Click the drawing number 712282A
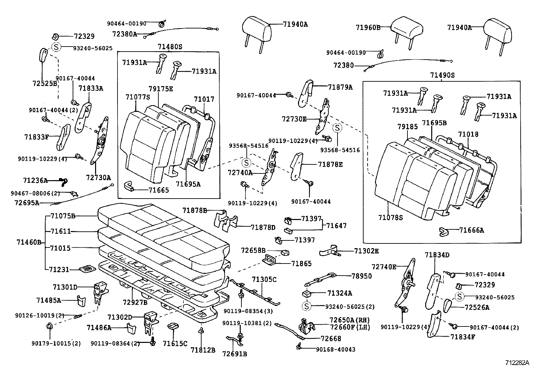(x=517, y=363)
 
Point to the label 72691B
(x=234, y=353)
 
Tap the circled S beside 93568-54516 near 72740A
(x=246, y=163)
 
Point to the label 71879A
(x=340, y=87)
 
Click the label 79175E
(x=161, y=89)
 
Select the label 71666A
(x=471, y=230)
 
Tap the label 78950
(x=362, y=276)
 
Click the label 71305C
(x=264, y=279)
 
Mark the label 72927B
(x=135, y=302)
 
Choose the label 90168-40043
(x=335, y=349)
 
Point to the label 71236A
(x=35, y=180)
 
